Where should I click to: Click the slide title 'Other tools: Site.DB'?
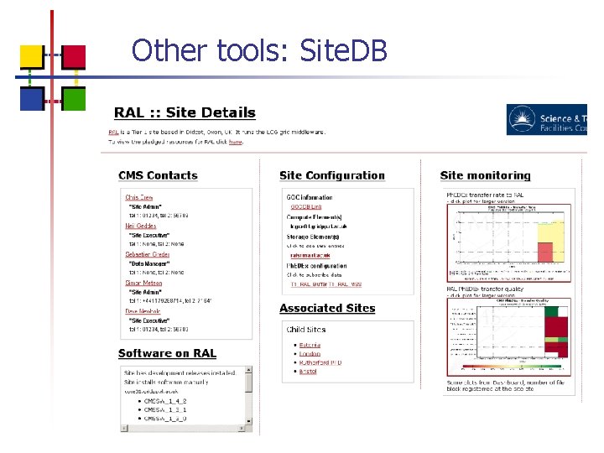point(259,50)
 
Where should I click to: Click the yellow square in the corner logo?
point(31,55)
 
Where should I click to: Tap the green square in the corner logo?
point(74,99)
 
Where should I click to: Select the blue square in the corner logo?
point(31,99)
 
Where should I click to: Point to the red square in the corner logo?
point(74,55)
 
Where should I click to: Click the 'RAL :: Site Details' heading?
point(185,112)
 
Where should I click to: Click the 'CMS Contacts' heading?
point(158,175)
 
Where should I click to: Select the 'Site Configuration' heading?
point(331,175)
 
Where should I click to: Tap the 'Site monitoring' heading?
point(485,175)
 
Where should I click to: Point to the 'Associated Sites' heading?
point(327,308)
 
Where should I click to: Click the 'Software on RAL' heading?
point(167,353)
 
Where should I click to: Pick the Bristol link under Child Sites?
point(309,370)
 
